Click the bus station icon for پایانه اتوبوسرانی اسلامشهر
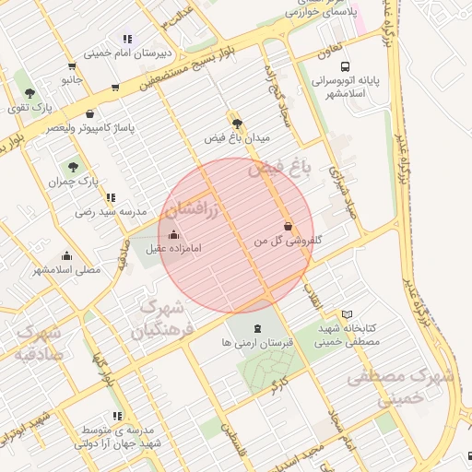point(345,66)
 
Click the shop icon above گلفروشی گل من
point(289,226)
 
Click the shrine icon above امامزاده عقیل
point(174,234)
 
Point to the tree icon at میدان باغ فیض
point(238,123)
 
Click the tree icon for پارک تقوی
point(30,93)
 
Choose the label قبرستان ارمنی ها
point(257,342)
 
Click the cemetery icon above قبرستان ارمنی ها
point(256,328)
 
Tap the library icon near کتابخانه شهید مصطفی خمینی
point(347,314)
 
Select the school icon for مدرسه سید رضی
point(111,197)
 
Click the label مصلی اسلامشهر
point(66,270)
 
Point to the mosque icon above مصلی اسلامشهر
point(66,256)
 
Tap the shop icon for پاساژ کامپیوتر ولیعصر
point(89,113)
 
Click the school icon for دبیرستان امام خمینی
point(127,40)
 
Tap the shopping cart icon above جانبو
point(73,66)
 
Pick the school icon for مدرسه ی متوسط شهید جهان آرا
point(117,417)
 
